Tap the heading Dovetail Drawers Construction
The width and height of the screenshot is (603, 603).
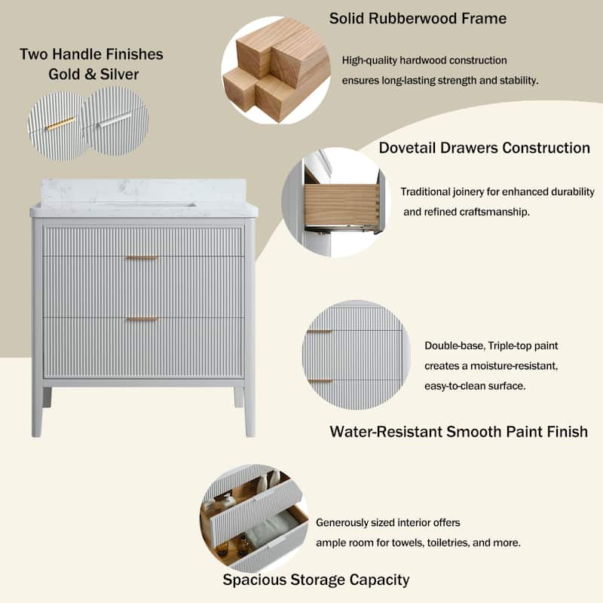pyautogui.click(x=484, y=148)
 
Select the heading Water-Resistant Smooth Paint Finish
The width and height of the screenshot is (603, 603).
pyautogui.click(x=458, y=432)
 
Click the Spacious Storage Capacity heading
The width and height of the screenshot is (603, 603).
pyautogui.click(x=316, y=580)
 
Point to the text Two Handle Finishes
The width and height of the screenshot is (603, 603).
pyautogui.click(x=91, y=54)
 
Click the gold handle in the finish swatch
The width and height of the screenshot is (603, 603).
pyautogui.click(x=60, y=124)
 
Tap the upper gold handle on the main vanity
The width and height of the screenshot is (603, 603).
pyautogui.click(x=142, y=258)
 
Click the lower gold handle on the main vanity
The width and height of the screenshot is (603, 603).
pyautogui.click(x=142, y=319)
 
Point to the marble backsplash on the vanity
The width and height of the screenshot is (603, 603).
pyautogui.click(x=143, y=191)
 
